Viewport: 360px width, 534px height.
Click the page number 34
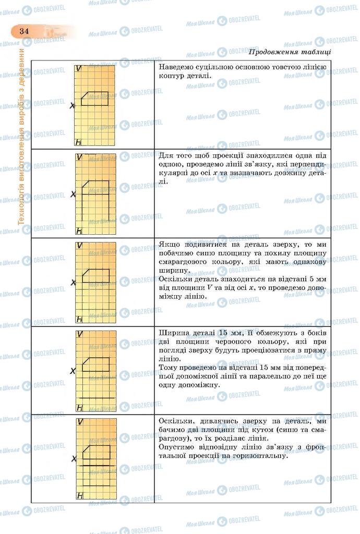point(23,31)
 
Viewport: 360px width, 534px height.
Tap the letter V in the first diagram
point(78,68)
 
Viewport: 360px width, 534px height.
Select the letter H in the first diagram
point(78,142)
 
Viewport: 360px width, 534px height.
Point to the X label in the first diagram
point(73,105)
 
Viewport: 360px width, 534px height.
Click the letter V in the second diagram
point(79,157)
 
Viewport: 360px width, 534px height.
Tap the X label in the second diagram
point(74,194)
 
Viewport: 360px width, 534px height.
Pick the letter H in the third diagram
point(79,319)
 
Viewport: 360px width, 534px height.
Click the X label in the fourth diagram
point(74,371)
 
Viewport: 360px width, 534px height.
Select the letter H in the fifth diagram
point(80,496)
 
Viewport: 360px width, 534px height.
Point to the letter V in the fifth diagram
point(80,422)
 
